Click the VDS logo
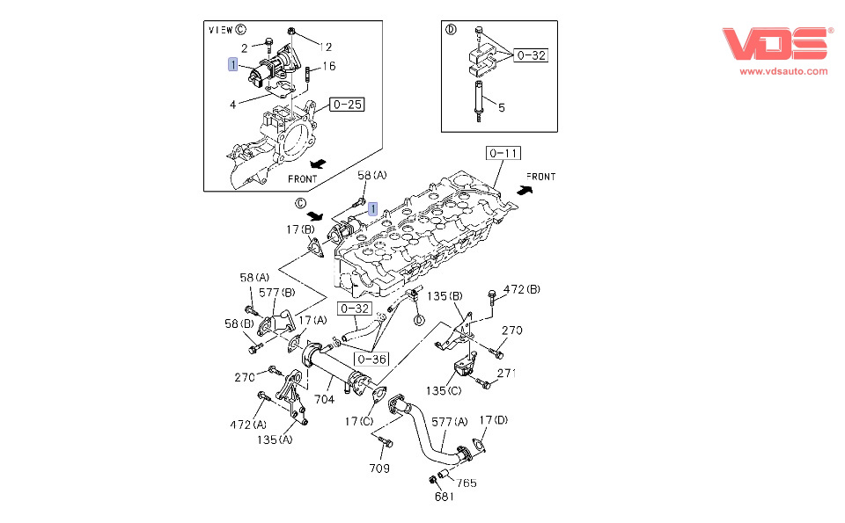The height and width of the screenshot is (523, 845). (x=776, y=44)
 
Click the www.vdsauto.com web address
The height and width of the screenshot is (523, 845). (x=783, y=71)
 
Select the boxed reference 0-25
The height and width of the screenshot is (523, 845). (x=347, y=105)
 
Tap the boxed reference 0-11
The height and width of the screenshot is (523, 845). (x=503, y=154)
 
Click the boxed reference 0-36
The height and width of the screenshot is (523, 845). (x=371, y=358)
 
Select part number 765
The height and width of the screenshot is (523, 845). (x=467, y=483)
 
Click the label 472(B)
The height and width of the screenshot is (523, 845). (x=521, y=289)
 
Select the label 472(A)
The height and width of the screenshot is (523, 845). (x=247, y=425)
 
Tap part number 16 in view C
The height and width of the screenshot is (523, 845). (x=329, y=66)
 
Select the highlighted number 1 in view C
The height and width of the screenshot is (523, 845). (x=232, y=64)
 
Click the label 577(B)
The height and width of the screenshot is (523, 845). (x=276, y=292)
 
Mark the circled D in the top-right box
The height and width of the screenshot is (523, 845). (x=452, y=29)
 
